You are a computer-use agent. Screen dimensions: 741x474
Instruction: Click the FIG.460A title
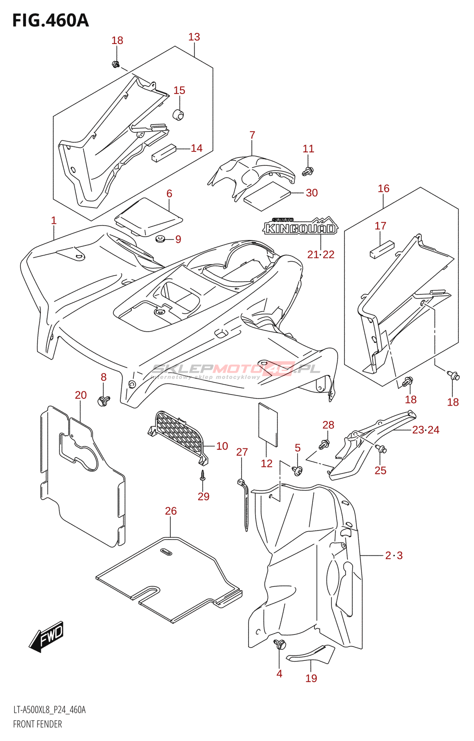[50, 20]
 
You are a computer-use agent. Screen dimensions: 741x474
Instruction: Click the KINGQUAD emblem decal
[300, 227]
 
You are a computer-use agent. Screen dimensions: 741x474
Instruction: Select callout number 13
[194, 37]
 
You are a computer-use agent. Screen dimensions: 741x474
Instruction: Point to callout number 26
[171, 511]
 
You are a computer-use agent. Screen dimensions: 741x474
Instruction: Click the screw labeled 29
[202, 475]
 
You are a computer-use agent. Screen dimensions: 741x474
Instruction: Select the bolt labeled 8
[103, 400]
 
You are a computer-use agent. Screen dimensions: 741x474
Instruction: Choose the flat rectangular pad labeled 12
[268, 425]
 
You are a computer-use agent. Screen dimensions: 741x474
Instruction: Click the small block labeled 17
[381, 249]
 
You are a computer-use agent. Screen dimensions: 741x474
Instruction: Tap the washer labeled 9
[161, 239]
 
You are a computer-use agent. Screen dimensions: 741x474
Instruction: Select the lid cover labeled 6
[148, 215]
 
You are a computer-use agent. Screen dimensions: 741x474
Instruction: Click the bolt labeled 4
[280, 644]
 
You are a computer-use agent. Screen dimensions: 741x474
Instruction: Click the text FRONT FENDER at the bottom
[37, 724]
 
